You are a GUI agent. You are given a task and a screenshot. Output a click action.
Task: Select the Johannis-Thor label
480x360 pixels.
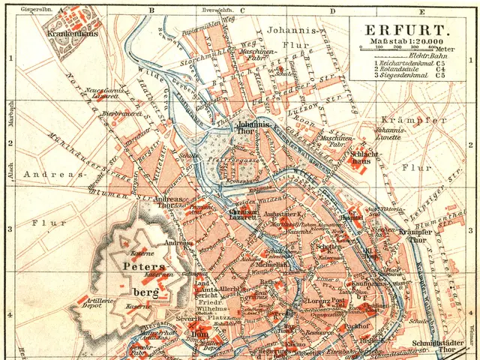coord(253,127)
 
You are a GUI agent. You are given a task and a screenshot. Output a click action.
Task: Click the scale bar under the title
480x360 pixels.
coord(402,48)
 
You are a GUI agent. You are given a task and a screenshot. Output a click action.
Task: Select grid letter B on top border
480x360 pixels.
coord(151,10)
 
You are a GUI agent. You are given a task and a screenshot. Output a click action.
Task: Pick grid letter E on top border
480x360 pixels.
coord(422,10)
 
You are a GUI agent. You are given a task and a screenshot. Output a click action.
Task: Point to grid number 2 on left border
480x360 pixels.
coord(10,142)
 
